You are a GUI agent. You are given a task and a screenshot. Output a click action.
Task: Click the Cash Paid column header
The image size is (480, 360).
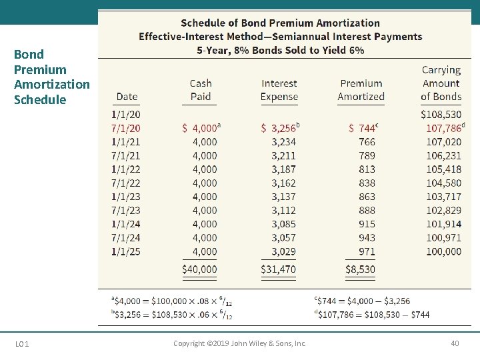click(201, 90)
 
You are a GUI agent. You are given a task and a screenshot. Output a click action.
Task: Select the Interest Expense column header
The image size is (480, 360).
click(279, 90)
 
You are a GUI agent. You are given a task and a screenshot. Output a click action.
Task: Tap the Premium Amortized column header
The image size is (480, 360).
click(361, 90)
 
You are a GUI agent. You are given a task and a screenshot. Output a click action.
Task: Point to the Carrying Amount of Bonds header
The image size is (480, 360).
click(441, 83)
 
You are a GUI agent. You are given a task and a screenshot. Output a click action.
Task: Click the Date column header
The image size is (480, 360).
click(127, 97)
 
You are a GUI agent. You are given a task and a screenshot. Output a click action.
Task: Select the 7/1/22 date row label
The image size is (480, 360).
click(126, 183)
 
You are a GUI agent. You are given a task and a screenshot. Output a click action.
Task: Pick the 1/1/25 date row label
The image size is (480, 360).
click(126, 251)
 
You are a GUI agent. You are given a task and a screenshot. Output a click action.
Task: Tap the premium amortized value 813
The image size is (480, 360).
click(367, 169)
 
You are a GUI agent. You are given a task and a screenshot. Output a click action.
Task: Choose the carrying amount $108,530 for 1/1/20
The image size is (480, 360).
click(441, 114)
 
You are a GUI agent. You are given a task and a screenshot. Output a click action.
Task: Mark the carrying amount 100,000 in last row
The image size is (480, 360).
click(444, 251)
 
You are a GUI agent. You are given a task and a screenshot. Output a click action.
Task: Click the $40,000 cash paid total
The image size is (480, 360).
click(200, 269)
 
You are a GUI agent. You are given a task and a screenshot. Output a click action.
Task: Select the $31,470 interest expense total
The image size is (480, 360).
click(279, 269)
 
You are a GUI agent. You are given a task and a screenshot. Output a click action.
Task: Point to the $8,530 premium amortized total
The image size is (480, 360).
click(361, 269)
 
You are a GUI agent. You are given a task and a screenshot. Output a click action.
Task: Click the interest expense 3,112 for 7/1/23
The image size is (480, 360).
click(284, 210)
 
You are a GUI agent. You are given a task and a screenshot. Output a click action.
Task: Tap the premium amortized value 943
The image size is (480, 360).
click(367, 237)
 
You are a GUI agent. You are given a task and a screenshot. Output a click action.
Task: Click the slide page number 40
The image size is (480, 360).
click(455, 343)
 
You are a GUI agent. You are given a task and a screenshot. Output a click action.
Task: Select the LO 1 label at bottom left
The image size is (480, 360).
click(21, 344)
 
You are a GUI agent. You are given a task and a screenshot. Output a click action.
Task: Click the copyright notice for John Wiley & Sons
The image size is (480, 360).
click(240, 343)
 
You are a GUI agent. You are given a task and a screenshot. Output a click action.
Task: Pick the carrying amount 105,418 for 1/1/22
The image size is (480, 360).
click(444, 169)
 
